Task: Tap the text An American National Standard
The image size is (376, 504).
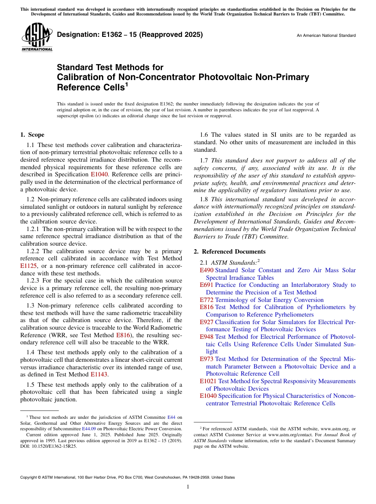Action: (x=326, y=36)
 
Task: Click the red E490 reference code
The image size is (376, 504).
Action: (x=207, y=270)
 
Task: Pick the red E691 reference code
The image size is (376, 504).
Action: (x=207, y=285)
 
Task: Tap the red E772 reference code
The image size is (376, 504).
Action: (x=207, y=300)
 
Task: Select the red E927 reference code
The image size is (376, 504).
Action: (x=207, y=322)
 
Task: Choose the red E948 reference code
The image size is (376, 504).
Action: (x=207, y=337)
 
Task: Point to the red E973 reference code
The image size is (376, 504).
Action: (x=207, y=359)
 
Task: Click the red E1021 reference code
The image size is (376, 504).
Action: (x=208, y=381)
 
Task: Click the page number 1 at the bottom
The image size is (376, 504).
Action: (x=188, y=487)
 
